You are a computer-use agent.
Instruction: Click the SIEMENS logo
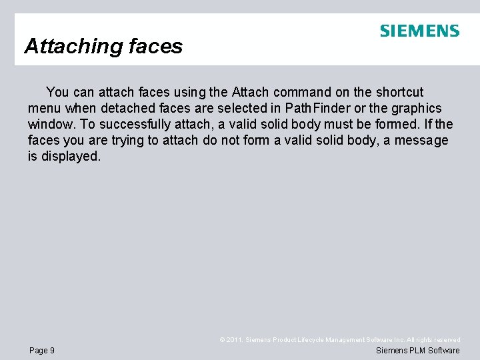coord(419,31)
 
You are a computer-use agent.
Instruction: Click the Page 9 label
coord(42,351)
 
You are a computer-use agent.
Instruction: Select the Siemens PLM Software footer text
coord(418,351)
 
